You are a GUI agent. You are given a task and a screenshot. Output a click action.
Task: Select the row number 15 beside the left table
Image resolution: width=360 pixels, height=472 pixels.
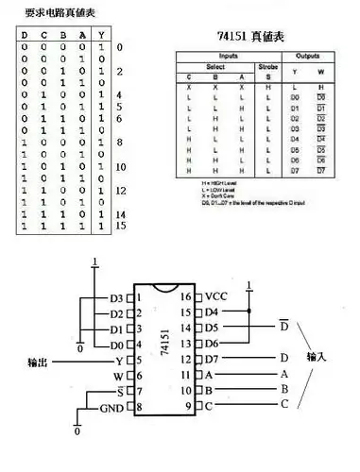[120, 227]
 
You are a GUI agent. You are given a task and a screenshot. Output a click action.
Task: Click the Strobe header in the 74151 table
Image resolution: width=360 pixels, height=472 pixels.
[268, 66]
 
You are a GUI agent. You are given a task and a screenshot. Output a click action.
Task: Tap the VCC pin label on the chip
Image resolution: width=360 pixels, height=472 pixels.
[216, 296]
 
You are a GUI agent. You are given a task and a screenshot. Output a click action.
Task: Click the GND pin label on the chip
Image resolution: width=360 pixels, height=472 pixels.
[112, 407]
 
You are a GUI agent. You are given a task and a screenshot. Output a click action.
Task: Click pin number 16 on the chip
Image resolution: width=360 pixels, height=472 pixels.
[186, 296]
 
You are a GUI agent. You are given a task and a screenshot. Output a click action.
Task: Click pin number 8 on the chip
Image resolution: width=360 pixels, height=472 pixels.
[139, 407]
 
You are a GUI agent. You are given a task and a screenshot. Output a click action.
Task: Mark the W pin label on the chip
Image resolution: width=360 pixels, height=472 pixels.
[119, 375]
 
